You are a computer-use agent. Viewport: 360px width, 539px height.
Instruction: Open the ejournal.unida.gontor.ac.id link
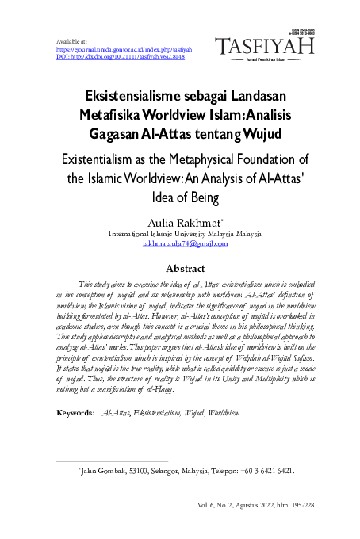click(127, 48)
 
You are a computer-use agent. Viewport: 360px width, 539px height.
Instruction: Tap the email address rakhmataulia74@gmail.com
click(185, 244)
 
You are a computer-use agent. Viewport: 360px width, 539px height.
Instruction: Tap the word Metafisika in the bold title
click(108, 113)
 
